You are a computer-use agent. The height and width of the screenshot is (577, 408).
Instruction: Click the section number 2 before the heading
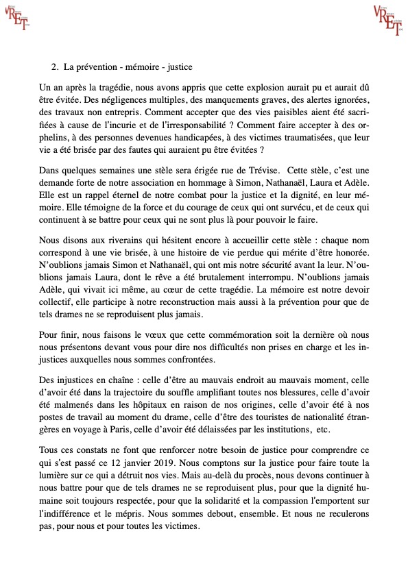55,67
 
